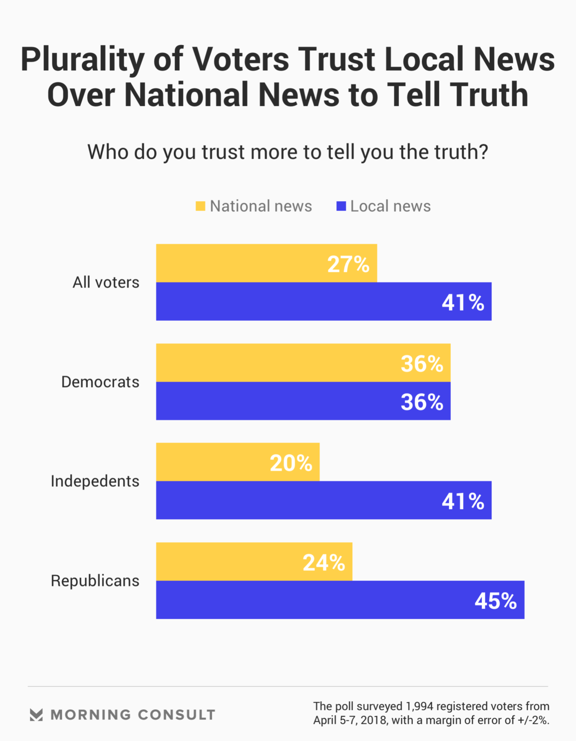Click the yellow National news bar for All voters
[240, 263]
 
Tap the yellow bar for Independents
[211, 462]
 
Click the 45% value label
[495, 601]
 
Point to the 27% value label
[348, 264]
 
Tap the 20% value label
[291, 463]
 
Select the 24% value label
[324, 562]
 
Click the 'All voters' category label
[106, 282]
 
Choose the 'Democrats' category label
[100, 382]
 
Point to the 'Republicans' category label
[95, 581]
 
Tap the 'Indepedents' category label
[95, 481]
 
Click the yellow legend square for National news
[201, 207]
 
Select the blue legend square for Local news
[341, 207]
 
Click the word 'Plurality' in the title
[82, 59]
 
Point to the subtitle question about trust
[288, 152]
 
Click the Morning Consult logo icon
[36, 715]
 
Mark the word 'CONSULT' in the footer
[177, 715]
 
